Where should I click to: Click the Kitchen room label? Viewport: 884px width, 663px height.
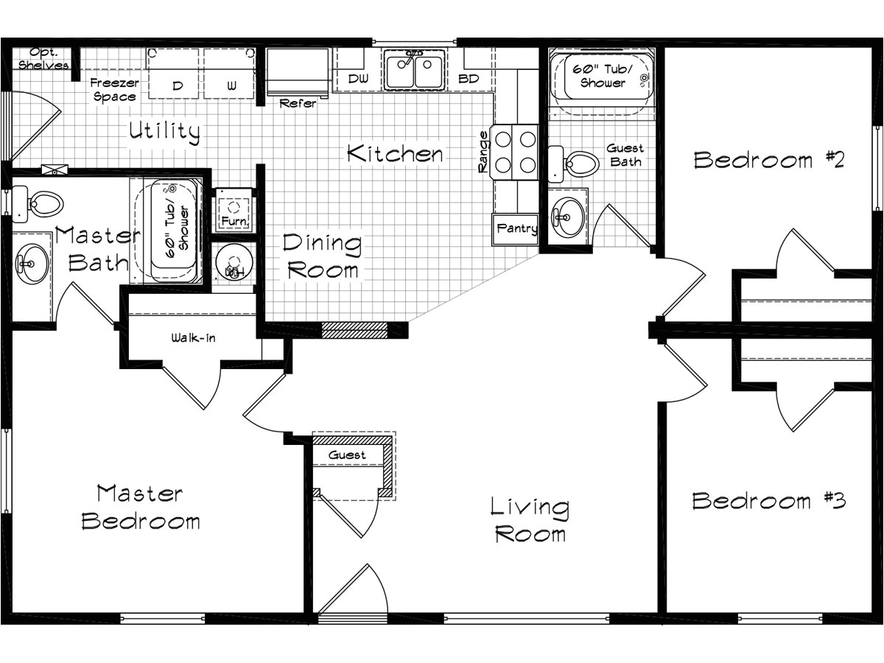pyautogui.click(x=395, y=154)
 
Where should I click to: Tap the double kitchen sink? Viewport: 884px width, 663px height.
pyautogui.click(x=414, y=71)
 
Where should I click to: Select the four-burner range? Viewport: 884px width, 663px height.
pyautogui.click(x=515, y=152)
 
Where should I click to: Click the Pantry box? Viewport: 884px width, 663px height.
pyautogui.click(x=516, y=229)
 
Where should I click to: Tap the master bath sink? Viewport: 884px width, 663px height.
pyautogui.click(x=31, y=263)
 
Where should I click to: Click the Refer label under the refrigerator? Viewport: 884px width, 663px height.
pyautogui.click(x=298, y=104)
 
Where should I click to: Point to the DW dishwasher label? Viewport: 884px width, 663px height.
pyautogui.click(x=357, y=79)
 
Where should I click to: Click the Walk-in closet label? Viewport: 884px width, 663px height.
pyautogui.click(x=194, y=338)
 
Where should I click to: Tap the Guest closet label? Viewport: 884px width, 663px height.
pyautogui.click(x=347, y=455)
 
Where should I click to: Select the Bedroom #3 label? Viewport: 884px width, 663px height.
pyautogui.click(x=768, y=502)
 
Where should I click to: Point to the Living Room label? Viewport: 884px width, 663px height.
pyautogui.click(x=530, y=519)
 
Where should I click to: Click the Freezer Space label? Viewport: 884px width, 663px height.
pyautogui.click(x=114, y=90)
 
